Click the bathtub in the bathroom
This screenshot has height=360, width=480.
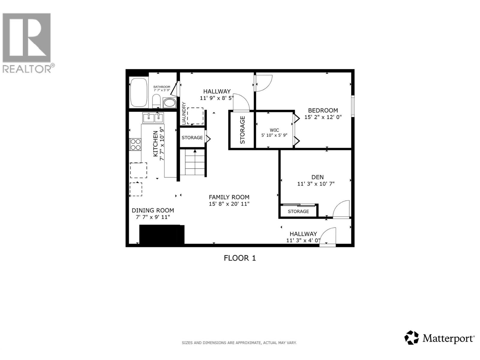[139, 93]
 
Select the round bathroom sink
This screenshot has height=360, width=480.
[170, 103]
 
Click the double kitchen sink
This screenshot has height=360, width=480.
[153, 118]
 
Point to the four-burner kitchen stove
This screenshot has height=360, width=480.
[135, 144]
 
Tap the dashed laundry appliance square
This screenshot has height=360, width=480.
[195, 116]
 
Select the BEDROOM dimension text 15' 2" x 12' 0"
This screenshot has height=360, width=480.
[323, 117]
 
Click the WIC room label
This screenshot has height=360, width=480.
[274, 130]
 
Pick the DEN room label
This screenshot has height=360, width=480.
[317, 177]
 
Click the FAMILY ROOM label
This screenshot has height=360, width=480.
[229, 197]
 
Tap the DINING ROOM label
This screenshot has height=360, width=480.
[153, 210]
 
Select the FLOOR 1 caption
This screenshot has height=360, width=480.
[240, 258]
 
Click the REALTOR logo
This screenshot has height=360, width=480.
[27, 42]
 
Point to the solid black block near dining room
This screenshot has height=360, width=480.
[162, 234]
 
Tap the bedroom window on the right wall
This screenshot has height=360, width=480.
[353, 106]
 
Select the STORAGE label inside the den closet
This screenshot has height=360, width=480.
[298, 211]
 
